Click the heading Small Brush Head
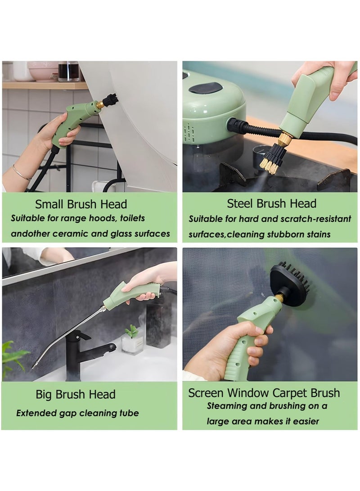tap(81, 204)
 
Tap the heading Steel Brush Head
tap(271, 203)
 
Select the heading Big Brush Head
tap(76, 395)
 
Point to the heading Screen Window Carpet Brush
tap(264, 392)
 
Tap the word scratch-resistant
tap(315, 219)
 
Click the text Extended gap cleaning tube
tap(77, 413)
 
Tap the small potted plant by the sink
tap(132, 340)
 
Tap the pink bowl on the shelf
tap(43, 70)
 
